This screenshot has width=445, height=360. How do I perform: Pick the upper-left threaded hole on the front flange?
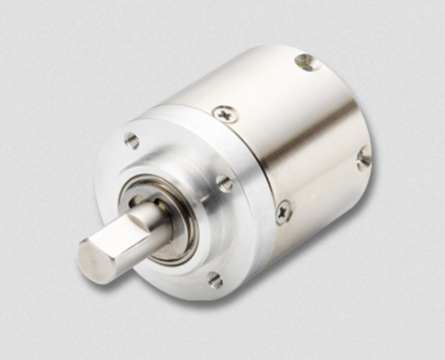(132, 140)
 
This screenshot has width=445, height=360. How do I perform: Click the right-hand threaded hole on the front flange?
(225, 183)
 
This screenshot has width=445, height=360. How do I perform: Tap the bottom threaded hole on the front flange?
(215, 280)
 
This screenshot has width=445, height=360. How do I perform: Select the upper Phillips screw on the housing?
(225, 113)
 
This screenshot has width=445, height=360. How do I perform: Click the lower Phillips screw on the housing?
(284, 212)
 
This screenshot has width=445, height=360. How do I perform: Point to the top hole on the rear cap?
(307, 62)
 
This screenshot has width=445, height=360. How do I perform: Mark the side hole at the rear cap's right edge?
(363, 158)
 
